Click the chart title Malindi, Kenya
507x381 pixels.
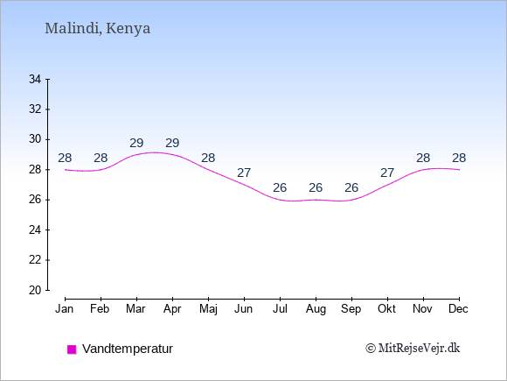tap(97, 28)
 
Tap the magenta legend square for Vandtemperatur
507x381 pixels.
tap(72, 349)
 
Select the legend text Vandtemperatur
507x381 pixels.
tap(128, 349)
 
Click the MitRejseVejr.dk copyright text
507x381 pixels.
tap(413, 349)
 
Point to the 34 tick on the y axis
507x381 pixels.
tap(35, 79)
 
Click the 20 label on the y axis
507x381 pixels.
tap(35, 290)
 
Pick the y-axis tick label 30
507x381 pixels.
tap(35, 139)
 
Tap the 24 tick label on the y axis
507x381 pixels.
tap(35, 230)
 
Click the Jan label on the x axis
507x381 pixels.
tap(65, 309)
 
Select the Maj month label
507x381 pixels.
tap(208, 309)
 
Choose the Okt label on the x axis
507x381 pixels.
tap(386, 309)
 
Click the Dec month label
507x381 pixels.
tap(459, 309)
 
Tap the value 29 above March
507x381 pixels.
tap(136, 143)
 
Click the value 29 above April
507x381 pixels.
tap(172, 143)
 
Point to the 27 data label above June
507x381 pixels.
tap(244, 173)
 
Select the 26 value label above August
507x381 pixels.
tap(316, 187)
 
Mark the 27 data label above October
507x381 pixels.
tap(387, 173)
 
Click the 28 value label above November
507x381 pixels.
tap(423, 159)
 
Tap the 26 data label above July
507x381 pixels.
tap(280, 187)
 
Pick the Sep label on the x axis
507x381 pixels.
tap(351, 309)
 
